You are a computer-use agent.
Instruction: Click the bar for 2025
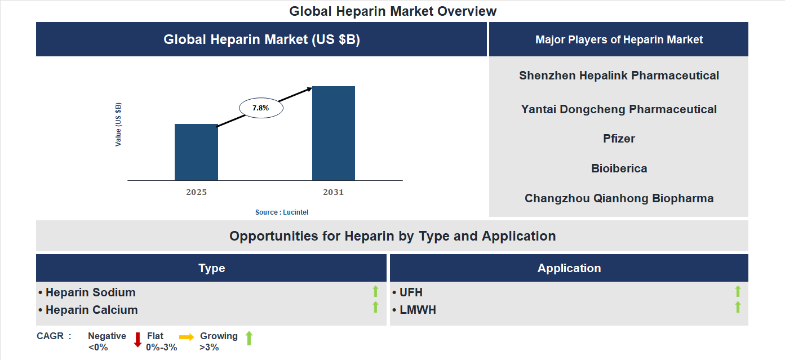196,152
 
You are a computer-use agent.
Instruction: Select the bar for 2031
334,134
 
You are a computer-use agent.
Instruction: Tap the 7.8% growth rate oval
261,108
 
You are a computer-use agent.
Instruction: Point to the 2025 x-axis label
196,192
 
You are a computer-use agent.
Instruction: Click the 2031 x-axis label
333,192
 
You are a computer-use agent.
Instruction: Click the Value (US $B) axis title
118,125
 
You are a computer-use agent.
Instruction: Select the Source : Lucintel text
282,212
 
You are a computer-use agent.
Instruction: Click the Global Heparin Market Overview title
393,11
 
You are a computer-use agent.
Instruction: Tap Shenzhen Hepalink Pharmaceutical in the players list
619,75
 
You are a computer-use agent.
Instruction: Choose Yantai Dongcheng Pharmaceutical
619,109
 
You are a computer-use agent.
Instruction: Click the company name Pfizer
619,139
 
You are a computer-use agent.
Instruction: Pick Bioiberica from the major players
619,168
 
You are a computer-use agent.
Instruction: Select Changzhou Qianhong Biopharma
619,198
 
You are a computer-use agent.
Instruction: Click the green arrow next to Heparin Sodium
375,291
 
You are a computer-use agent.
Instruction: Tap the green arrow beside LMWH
738,307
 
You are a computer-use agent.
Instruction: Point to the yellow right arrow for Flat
187,337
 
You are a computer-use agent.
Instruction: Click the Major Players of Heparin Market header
619,39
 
